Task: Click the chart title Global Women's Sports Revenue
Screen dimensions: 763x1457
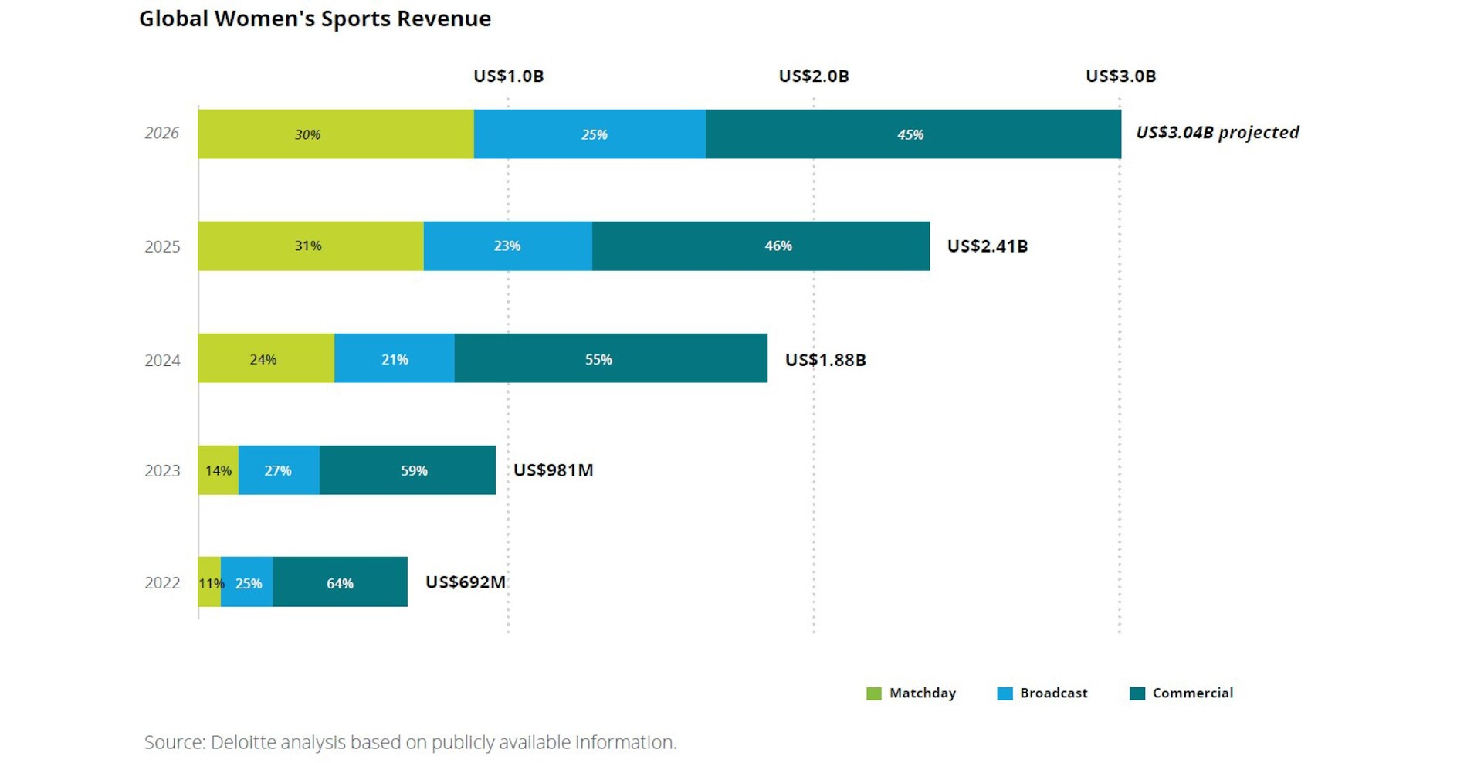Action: tap(315, 19)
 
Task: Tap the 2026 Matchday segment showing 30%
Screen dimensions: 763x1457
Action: tap(336, 134)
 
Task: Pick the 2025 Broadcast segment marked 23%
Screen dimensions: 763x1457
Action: tap(507, 246)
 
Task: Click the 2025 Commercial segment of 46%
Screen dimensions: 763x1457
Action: tap(761, 246)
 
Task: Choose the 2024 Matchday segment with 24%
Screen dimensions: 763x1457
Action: tap(266, 359)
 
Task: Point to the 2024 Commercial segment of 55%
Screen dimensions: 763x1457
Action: tap(610, 359)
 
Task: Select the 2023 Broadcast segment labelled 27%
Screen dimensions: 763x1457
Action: tap(279, 470)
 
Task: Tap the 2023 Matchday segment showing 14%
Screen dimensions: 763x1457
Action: tap(219, 470)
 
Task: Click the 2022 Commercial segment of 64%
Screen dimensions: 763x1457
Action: tap(340, 583)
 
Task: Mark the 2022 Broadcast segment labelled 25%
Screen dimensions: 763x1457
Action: tap(247, 583)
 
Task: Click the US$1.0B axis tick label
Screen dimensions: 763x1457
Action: tap(508, 76)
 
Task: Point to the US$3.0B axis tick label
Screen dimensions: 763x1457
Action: tap(1120, 76)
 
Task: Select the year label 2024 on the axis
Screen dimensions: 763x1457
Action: tap(162, 360)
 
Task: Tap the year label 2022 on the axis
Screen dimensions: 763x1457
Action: tap(162, 583)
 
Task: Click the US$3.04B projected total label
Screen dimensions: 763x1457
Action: tap(1217, 133)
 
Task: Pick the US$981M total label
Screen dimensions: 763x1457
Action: tap(553, 470)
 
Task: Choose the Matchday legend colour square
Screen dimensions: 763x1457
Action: tap(874, 693)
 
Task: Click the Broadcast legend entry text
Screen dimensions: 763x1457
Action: tap(1053, 693)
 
